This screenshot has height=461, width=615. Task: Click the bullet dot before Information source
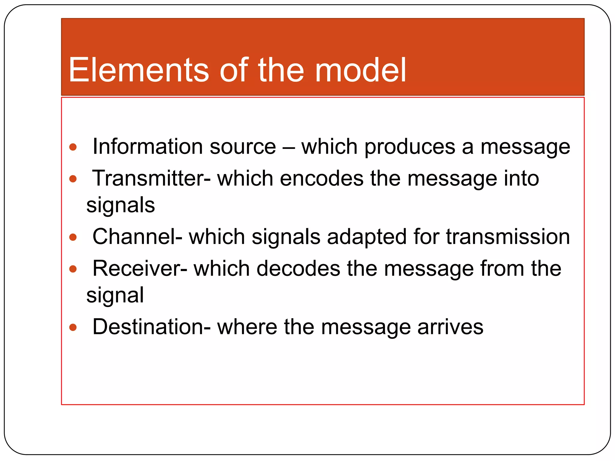(x=73, y=147)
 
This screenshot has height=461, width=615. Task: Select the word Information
(x=147, y=146)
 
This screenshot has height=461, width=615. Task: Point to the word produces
(x=410, y=147)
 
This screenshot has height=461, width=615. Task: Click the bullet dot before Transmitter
(x=73, y=179)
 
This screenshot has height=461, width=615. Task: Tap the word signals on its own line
(x=120, y=206)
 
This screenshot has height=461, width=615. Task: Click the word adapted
(x=367, y=237)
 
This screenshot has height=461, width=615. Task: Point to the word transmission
(x=508, y=237)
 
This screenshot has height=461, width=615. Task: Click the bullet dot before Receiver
(x=73, y=269)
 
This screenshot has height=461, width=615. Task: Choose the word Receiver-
(x=140, y=268)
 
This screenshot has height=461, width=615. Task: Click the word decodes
(x=298, y=268)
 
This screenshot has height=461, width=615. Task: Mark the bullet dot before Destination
(x=73, y=327)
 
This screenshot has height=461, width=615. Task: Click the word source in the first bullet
(x=243, y=147)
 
